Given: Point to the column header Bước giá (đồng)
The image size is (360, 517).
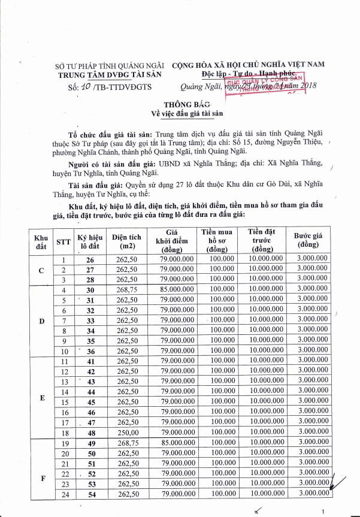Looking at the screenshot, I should point(310,241).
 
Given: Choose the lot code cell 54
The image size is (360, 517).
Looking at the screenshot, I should point(90,493).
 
